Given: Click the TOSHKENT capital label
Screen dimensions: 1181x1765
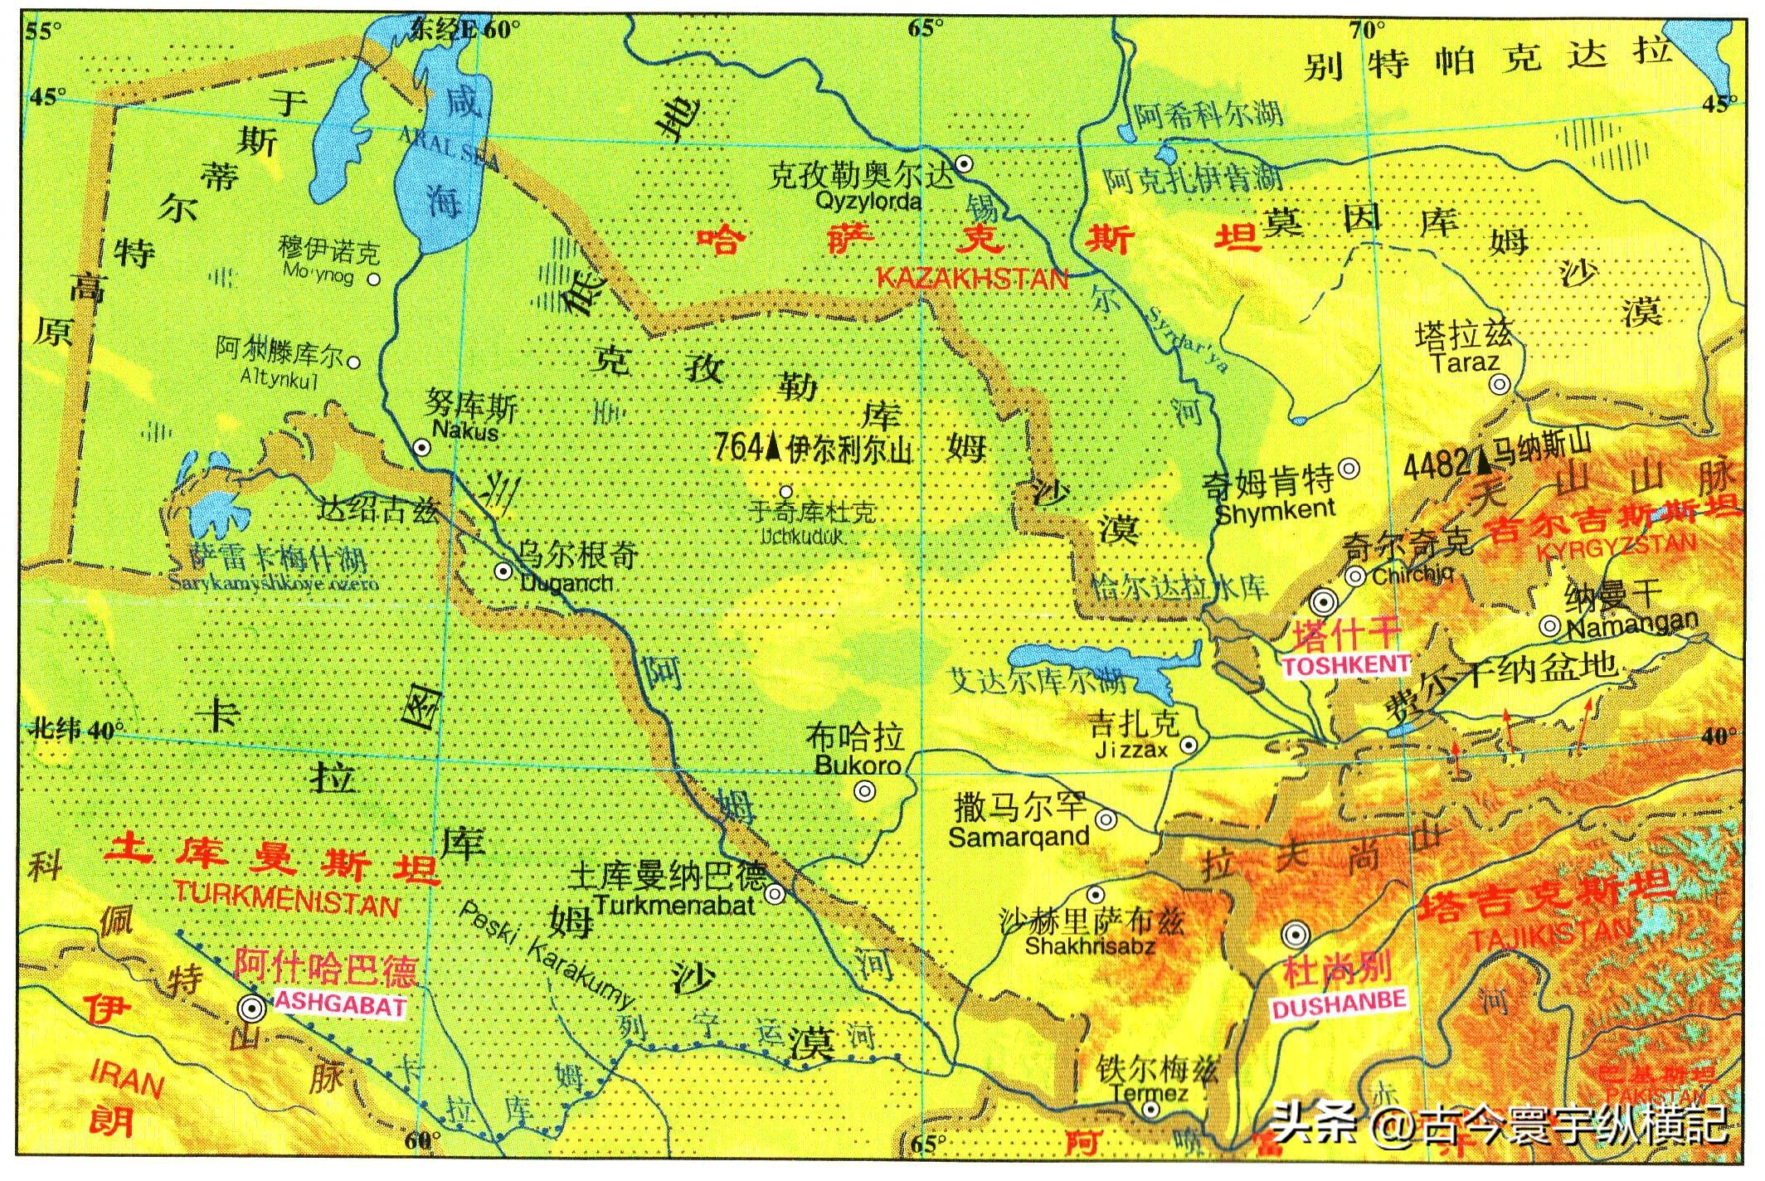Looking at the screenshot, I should pyautogui.click(x=1345, y=665).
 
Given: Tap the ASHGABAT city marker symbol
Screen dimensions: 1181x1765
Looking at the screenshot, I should pyautogui.click(x=251, y=1008).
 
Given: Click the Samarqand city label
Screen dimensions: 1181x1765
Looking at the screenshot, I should pyautogui.click(x=1019, y=837).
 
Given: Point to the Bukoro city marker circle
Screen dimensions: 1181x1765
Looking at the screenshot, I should pyautogui.click(x=865, y=791).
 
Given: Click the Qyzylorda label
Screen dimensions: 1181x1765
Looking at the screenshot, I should pyautogui.click(x=868, y=202).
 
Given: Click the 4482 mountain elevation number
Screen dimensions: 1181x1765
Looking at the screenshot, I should pyautogui.click(x=1436, y=466).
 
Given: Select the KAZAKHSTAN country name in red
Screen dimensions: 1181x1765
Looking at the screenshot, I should pyautogui.click(x=972, y=279).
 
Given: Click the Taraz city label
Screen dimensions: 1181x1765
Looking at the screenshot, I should pyautogui.click(x=1466, y=362).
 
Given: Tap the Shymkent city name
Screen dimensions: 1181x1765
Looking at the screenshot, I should pyautogui.click(x=1275, y=510).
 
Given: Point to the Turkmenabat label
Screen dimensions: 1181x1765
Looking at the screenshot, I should pyautogui.click(x=673, y=905).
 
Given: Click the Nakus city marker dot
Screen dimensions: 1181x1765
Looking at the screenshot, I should pyautogui.click(x=422, y=448).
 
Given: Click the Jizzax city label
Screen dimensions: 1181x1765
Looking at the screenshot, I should pyautogui.click(x=1130, y=750).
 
